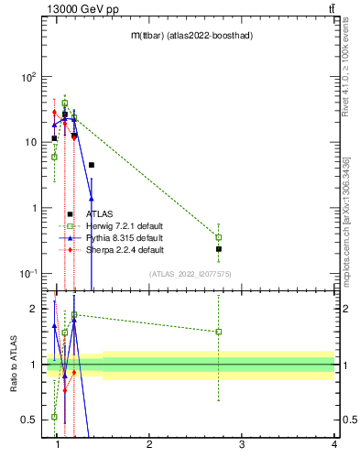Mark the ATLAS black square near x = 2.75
click(x=218, y=248)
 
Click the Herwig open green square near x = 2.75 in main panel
click(x=218, y=237)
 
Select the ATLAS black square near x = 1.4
click(x=92, y=165)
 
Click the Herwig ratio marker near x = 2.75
click(x=218, y=332)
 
